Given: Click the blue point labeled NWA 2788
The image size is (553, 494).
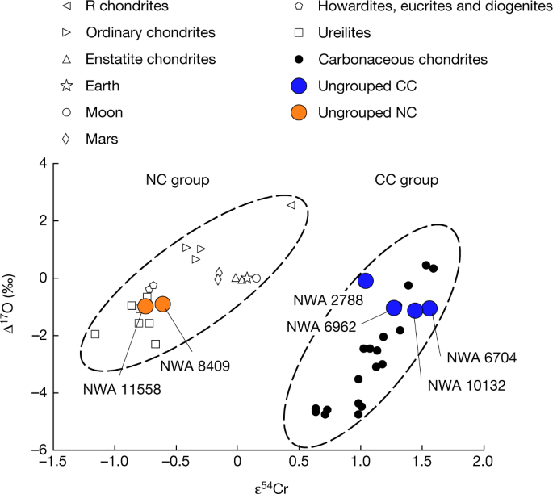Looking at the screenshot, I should coord(366,281).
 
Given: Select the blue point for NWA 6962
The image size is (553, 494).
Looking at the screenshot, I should coord(394,308).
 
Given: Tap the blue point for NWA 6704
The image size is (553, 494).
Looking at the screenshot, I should coord(429,308).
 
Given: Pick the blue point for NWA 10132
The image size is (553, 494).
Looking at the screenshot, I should coord(415,311).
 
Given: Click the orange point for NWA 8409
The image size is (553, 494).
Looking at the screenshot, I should coord(162,304).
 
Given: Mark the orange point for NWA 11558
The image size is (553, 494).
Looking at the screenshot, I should coord(145,306).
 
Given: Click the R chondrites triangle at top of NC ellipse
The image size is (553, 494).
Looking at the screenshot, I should coord(291,206).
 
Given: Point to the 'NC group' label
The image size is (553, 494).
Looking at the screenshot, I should coord(177,180).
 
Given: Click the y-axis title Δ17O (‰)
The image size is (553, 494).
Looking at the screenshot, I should coord(11,307).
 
